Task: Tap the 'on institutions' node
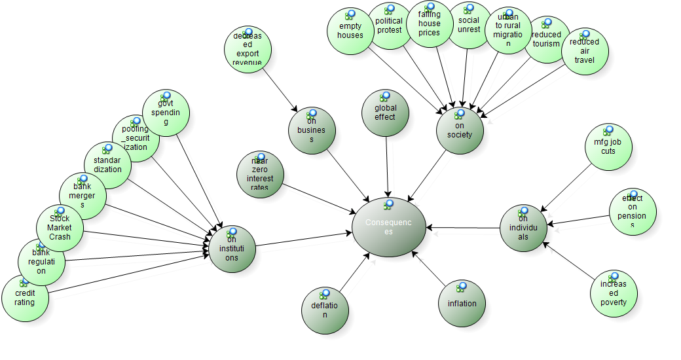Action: click(232, 249)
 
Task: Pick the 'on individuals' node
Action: click(523, 228)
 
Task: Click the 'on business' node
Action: click(312, 131)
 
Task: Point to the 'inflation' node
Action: click(462, 303)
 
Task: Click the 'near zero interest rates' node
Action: click(260, 175)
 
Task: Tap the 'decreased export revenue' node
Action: click(247, 50)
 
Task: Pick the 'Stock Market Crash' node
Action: click(60, 228)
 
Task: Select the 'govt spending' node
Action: click(166, 113)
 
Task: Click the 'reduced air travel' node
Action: click(585, 52)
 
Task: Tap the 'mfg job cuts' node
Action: click(609, 148)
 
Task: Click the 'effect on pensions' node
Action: click(633, 212)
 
